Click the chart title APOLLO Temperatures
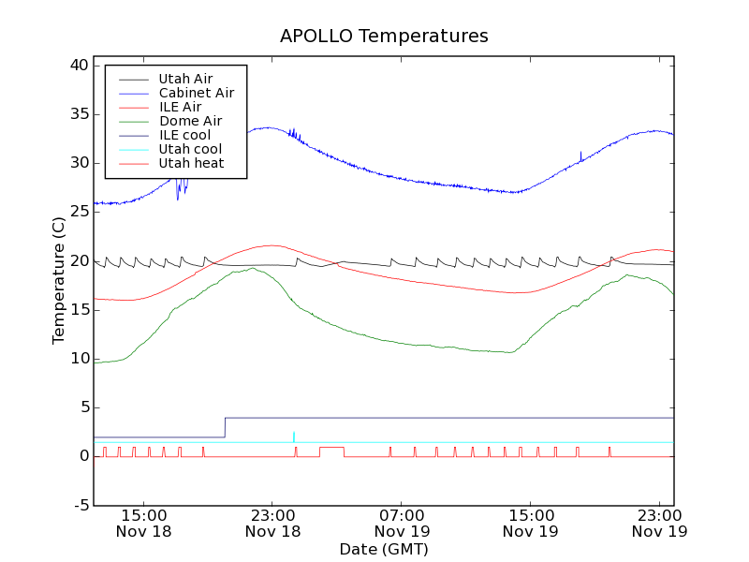point(384,37)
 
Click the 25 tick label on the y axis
point(79,212)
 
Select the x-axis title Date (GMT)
point(384,549)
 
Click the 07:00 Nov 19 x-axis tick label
point(402,523)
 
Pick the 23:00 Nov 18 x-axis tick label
point(272,523)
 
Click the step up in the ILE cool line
point(225,427)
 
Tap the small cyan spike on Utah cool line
point(294,435)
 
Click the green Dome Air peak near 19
point(253,269)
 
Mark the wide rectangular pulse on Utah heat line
point(331,448)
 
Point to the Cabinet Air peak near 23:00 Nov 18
point(269,127)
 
